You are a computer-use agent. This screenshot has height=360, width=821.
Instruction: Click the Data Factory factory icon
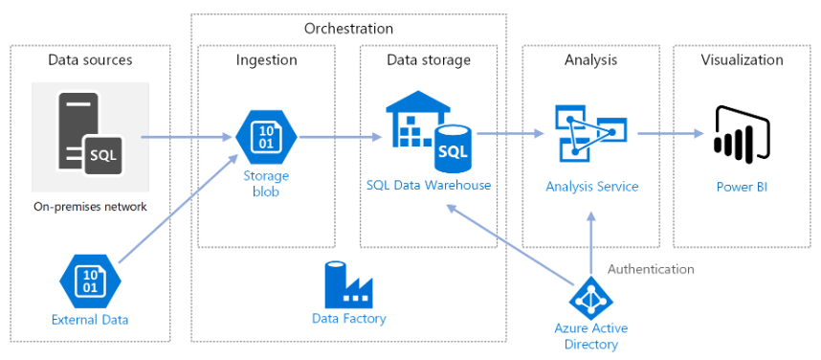tap(348, 283)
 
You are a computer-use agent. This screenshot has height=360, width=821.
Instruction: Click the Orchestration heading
tap(348, 28)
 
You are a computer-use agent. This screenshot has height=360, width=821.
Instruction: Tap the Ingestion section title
tap(266, 60)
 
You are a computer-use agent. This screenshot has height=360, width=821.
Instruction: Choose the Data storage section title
tap(428, 60)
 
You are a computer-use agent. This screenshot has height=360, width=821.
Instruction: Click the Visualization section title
tap(742, 60)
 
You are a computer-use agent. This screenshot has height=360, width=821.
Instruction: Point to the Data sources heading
tap(90, 60)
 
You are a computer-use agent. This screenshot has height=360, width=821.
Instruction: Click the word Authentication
tap(651, 269)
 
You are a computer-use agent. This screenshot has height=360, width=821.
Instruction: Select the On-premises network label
tap(90, 206)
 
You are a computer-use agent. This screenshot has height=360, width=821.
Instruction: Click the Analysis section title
tap(590, 60)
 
